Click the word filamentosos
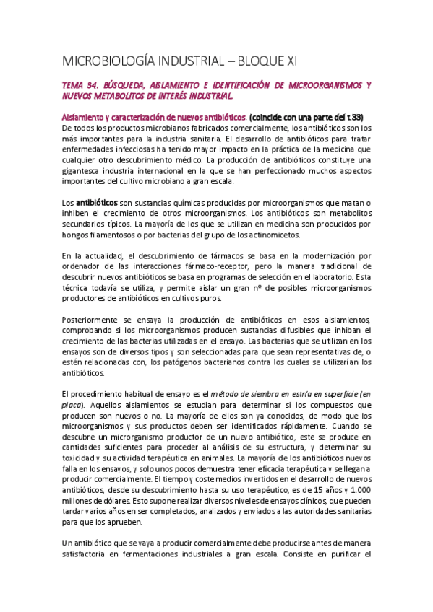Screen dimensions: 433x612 click(107, 236)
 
